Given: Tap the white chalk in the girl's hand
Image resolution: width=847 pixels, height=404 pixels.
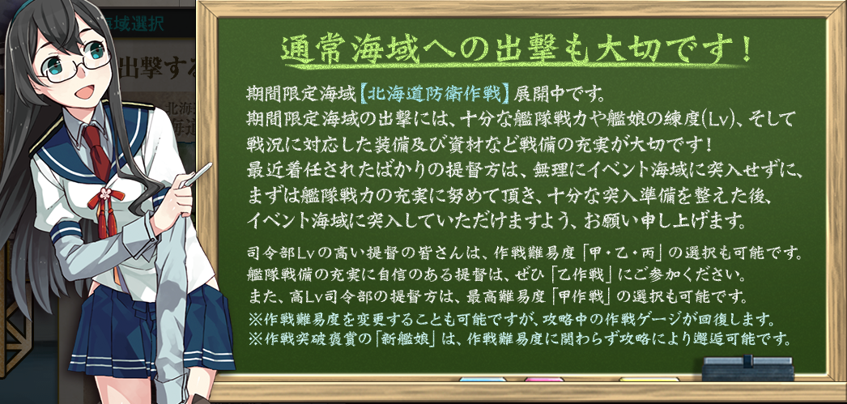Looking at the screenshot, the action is [197, 175].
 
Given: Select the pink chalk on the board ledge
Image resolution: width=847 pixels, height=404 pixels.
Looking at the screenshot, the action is [544, 380].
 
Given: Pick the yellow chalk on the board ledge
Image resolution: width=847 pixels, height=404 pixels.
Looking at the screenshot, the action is [649, 380].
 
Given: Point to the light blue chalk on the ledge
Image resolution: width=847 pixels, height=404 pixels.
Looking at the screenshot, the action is [483, 380].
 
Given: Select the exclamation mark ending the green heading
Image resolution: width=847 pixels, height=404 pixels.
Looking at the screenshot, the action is [746, 49].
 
